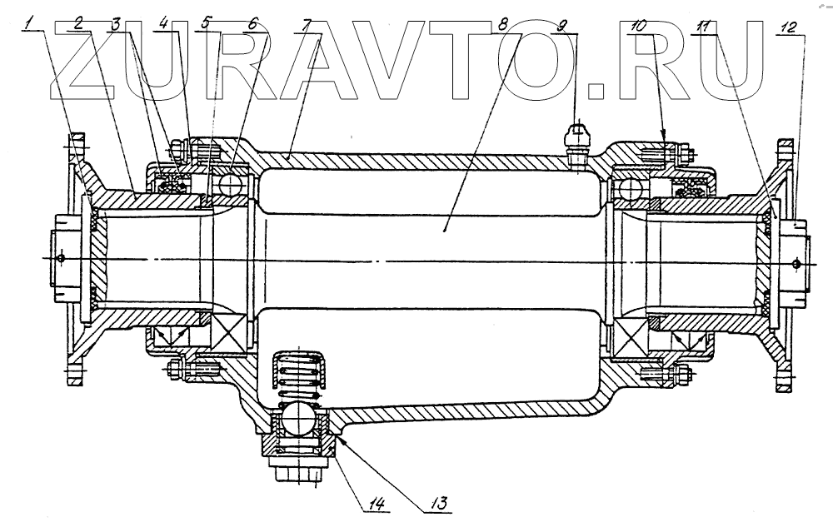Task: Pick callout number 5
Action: [x=205, y=26]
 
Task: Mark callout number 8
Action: [x=502, y=26]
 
